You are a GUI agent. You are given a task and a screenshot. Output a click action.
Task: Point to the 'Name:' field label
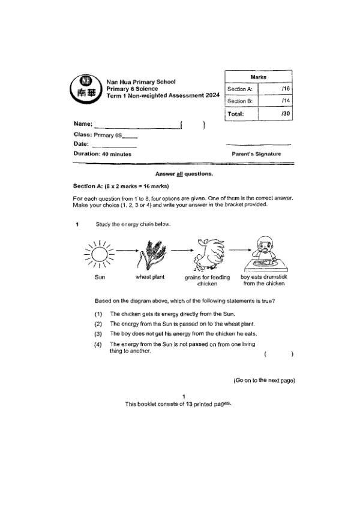82,124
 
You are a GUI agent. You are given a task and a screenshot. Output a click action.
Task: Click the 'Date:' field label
81,144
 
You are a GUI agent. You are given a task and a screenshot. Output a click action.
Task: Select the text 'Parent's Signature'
256,154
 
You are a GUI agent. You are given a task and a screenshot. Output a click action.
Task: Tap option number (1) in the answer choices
98,314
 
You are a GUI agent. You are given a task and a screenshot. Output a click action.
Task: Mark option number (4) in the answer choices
98,344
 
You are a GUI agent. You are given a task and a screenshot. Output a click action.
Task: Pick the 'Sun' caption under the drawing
100,277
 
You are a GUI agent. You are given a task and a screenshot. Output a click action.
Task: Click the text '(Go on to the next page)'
264,380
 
